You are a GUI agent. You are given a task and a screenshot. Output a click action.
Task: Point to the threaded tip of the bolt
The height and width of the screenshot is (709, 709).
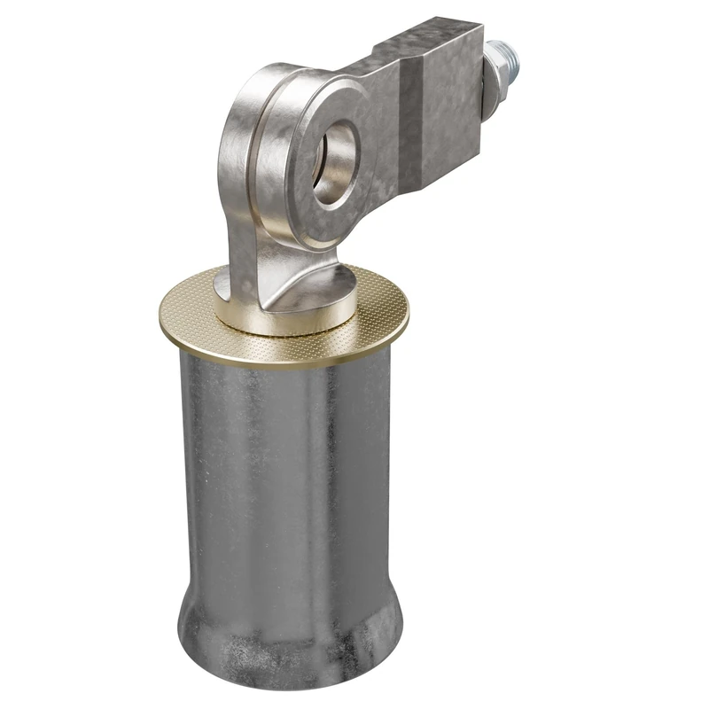(x=513, y=58)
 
